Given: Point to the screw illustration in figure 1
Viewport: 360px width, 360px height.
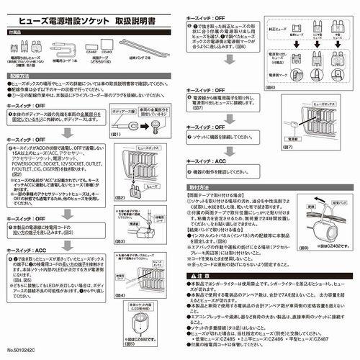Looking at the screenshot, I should click(x=155, y=125).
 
